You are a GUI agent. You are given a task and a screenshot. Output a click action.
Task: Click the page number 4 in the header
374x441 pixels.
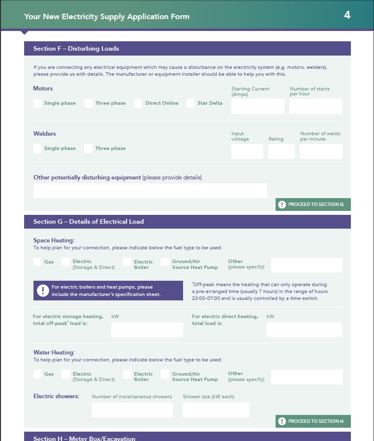pos(347,15)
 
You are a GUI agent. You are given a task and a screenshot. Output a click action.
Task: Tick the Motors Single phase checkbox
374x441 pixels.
pos(37,103)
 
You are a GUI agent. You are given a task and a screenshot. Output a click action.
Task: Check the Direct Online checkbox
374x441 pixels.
pos(138,103)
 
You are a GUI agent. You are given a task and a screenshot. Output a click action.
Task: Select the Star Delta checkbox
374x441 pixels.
pos(190,103)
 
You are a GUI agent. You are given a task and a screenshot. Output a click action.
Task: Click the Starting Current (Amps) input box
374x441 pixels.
pos(258,106)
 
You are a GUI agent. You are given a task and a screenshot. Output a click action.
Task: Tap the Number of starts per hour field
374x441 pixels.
pos(315,106)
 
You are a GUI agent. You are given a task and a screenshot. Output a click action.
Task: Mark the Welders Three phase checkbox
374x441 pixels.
pos(88,148)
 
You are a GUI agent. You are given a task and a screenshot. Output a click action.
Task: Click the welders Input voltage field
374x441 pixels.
pos(247,151)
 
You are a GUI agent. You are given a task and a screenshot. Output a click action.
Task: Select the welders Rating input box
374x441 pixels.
pos(281,151)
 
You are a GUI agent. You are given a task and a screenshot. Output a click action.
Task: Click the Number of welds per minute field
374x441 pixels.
pos(321,151)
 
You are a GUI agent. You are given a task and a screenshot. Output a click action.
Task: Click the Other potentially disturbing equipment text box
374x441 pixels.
pos(150,191)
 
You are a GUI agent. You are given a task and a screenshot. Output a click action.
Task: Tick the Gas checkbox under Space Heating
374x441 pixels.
pos(37,262)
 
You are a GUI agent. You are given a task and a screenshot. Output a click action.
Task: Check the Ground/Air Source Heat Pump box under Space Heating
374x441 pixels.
pos(165,262)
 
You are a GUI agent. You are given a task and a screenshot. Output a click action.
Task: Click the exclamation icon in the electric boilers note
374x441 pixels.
pos(42,290)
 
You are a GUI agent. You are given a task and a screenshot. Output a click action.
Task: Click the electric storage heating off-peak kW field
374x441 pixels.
pos(147,330)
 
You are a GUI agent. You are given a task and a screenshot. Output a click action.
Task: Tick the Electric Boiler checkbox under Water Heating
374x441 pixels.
pos(127,374)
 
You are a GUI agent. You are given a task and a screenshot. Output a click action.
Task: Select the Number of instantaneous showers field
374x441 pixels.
pos(132,410)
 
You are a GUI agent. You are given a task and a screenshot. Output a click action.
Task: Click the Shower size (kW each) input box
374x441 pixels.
pos(216,410)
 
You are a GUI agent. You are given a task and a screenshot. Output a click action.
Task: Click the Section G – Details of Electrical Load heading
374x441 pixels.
pos(89,222)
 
